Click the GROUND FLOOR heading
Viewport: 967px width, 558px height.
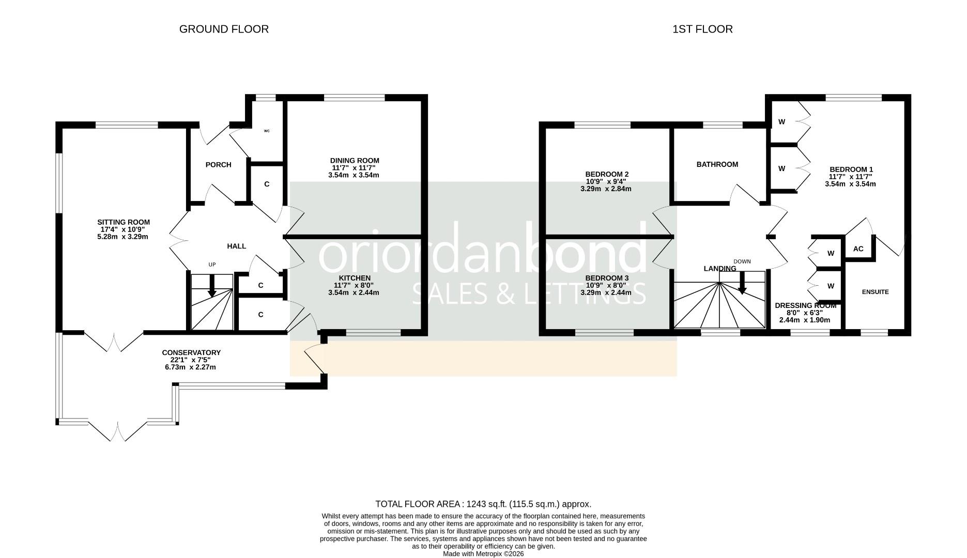(224, 29)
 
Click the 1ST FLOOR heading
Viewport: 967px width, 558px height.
(702, 29)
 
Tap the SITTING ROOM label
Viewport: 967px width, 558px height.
(124, 223)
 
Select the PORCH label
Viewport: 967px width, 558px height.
(218, 165)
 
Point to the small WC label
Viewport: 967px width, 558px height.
(267, 131)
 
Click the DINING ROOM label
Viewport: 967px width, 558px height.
(355, 161)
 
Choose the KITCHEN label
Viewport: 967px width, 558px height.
(355, 278)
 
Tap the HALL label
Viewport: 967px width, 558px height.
(237, 246)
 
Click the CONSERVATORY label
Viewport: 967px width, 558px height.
(191, 353)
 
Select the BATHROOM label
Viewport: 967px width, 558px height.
(717, 165)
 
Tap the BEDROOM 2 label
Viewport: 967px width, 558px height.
(607, 175)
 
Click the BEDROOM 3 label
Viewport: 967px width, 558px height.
(607, 278)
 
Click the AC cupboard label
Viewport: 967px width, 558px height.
(858, 249)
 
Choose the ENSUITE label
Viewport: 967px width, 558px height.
(875, 292)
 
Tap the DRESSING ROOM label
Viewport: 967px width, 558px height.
(805, 306)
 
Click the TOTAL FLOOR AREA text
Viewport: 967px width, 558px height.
(483, 504)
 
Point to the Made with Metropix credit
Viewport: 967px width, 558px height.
(483, 554)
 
